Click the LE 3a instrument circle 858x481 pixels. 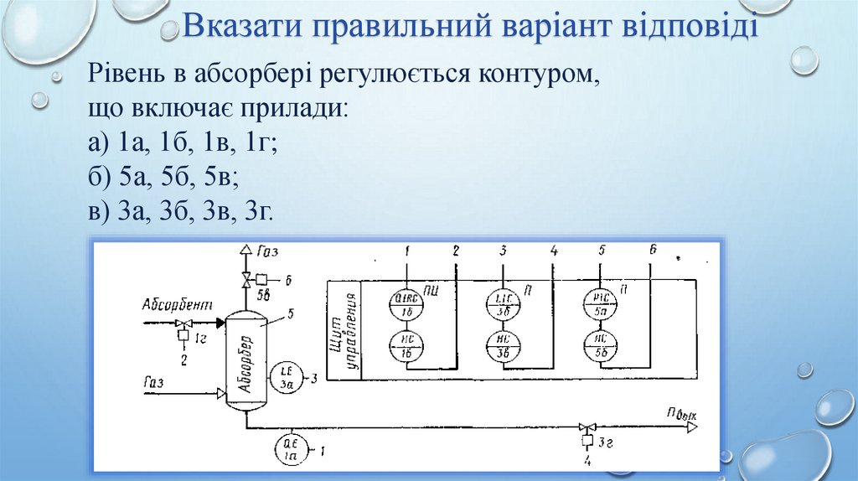point(285,380)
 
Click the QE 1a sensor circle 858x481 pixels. point(290,453)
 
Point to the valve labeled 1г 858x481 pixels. point(184,323)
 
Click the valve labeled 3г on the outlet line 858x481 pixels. point(586,427)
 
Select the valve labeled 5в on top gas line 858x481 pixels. point(246,279)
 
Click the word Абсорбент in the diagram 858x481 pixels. point(178,305)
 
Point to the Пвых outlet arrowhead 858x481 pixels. point(692,427)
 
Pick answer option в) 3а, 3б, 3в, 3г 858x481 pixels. point(180,210)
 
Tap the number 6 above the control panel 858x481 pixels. point(653,250)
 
